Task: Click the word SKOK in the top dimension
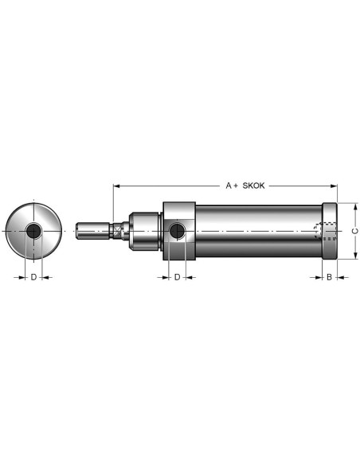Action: (253, 186)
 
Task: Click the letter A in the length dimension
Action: (229, 186)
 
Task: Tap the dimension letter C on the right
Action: (355, 231)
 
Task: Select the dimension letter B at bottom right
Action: (329, 277)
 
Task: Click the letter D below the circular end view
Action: (33, 277)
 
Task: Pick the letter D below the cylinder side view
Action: (177, 277)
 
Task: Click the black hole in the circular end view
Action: (33, 231)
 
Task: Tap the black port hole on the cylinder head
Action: (177, 231)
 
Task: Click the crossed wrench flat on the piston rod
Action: (118, 231)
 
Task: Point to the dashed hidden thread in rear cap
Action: (325, 231)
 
